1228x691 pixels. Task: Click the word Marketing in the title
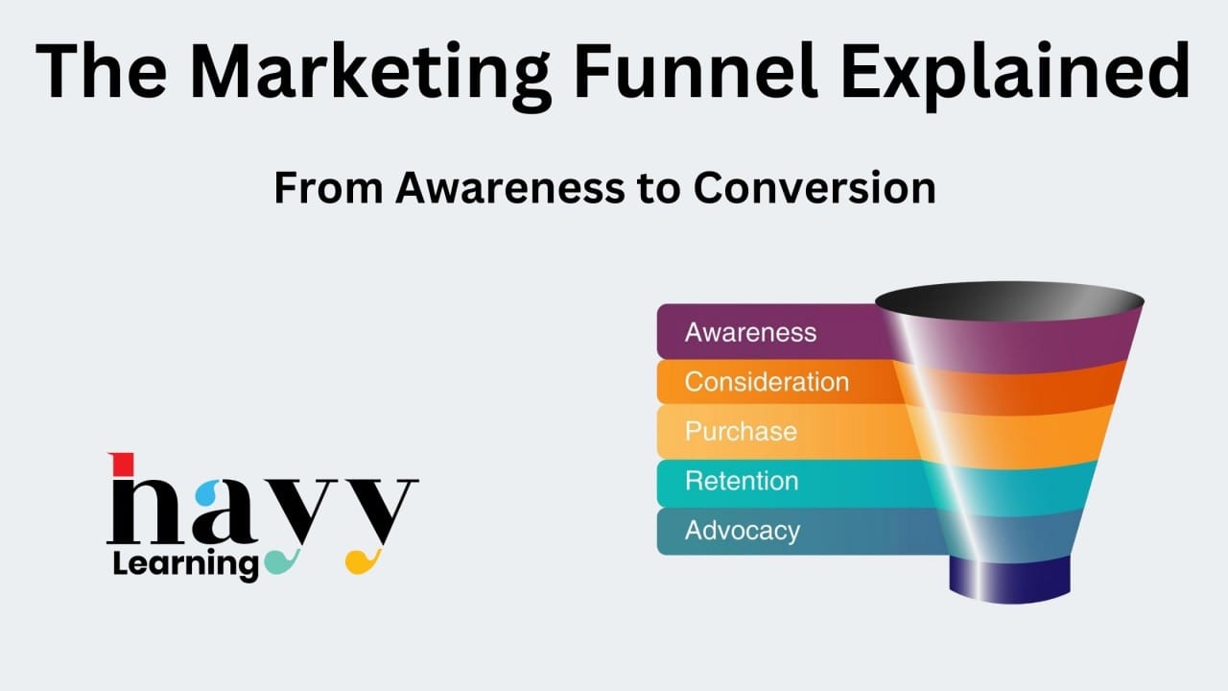click(370, 76)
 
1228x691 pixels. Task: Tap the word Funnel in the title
click(696, 71)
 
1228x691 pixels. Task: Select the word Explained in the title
click(1016, 76)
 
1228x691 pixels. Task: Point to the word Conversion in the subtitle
click(815, 188)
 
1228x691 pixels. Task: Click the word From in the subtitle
click(328, 188)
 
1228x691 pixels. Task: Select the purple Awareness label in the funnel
click(750, 332)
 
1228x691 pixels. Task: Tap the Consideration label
click(767, 382)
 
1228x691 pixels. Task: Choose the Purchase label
click(741, 432)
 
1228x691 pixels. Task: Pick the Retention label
click(742, 481)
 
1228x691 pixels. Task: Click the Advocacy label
click(743, 531)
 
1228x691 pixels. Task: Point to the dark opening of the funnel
click(1009, 301)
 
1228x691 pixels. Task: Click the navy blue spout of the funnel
click(1009, 581)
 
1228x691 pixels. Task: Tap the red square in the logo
click(122, 464)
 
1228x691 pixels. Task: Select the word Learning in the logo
click(185, 565)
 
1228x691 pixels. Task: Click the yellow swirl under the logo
click(363, 561)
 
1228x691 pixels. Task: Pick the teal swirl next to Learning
click(282, 561)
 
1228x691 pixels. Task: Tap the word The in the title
click(102, 71)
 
